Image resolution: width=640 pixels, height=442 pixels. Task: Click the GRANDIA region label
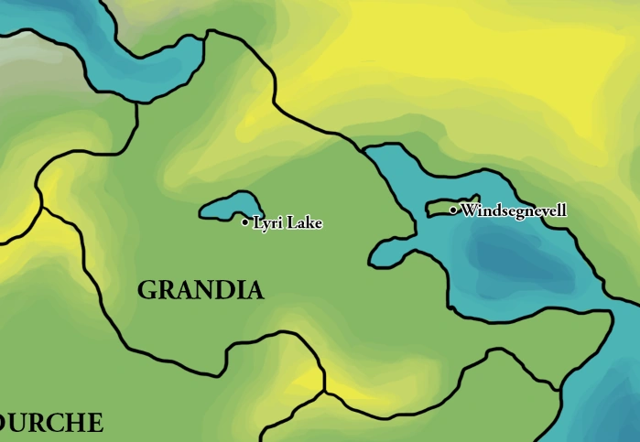click(x=201, y=291)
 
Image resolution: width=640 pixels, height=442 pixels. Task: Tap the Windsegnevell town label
click(x=514, y=210)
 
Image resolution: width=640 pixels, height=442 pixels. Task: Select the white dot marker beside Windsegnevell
click(x=453, y=210)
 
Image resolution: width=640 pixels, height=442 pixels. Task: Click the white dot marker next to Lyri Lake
click(x=245, y=222)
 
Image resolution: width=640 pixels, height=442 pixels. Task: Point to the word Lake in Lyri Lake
click(x=305, y=222)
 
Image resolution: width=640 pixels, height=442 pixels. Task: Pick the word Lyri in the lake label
click(x=266, y=222)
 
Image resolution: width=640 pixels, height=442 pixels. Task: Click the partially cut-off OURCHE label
click(x=51, y=423)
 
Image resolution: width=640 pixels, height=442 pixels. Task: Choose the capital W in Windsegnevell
click(x=469, y=210)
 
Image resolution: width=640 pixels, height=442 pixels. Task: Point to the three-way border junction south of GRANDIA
click(x=324, y=392)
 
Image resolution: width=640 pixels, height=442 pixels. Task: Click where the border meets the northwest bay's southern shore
click(x=137, y=102)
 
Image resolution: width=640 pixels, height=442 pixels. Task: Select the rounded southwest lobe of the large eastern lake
click(x=389, y=252)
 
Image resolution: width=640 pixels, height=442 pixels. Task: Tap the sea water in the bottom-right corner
click(x=604, y=412)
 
